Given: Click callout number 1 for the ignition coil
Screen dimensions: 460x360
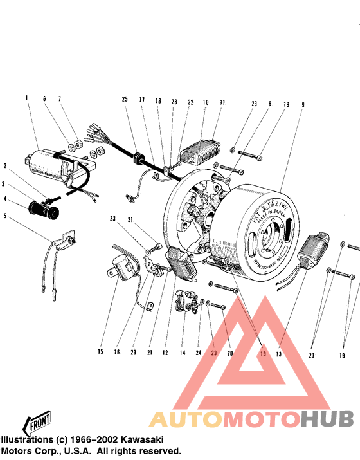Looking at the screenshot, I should (27, 98).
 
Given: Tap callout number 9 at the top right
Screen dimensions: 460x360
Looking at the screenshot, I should (303, 104).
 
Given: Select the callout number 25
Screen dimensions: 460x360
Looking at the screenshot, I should (125, 99).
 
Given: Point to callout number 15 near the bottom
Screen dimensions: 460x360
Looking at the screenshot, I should (100, 351).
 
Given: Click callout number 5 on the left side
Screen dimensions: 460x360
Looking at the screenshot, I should (5, 217).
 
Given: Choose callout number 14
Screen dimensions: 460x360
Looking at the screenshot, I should (183, 353).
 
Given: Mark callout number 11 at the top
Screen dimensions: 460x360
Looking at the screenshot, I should (222, 103).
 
